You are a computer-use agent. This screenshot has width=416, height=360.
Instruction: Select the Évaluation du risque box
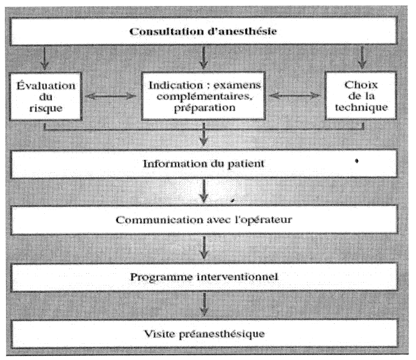tap(45, 97)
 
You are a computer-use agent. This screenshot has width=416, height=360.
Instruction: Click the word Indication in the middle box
tap(176, 85)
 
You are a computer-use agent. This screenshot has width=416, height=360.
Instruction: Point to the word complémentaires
tap(204, 96)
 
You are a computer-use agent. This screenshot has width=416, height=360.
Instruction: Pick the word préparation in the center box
tap(204, 108)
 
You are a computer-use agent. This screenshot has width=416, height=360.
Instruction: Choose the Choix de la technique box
tap(360, 96)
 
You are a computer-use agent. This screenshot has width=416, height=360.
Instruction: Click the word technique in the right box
tap(361, 107)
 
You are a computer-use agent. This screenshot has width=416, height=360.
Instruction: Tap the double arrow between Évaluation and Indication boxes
tap(111, 96)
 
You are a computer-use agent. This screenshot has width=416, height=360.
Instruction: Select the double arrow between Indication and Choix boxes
tap(295, 96)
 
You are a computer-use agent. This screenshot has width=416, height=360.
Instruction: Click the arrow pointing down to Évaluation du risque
tap(45, 58)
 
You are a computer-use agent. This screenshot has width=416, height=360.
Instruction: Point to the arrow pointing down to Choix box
tap(362, 57)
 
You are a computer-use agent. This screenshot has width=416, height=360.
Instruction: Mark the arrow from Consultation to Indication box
tap(203, 57)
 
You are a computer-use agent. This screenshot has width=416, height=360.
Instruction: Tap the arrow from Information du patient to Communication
tap(203, 191)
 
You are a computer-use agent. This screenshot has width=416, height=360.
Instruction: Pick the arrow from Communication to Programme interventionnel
tap(203, 247)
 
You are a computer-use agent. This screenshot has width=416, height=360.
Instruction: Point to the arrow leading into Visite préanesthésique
tap(204, 304)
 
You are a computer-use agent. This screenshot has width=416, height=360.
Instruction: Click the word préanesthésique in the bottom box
tap(222, 334)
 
